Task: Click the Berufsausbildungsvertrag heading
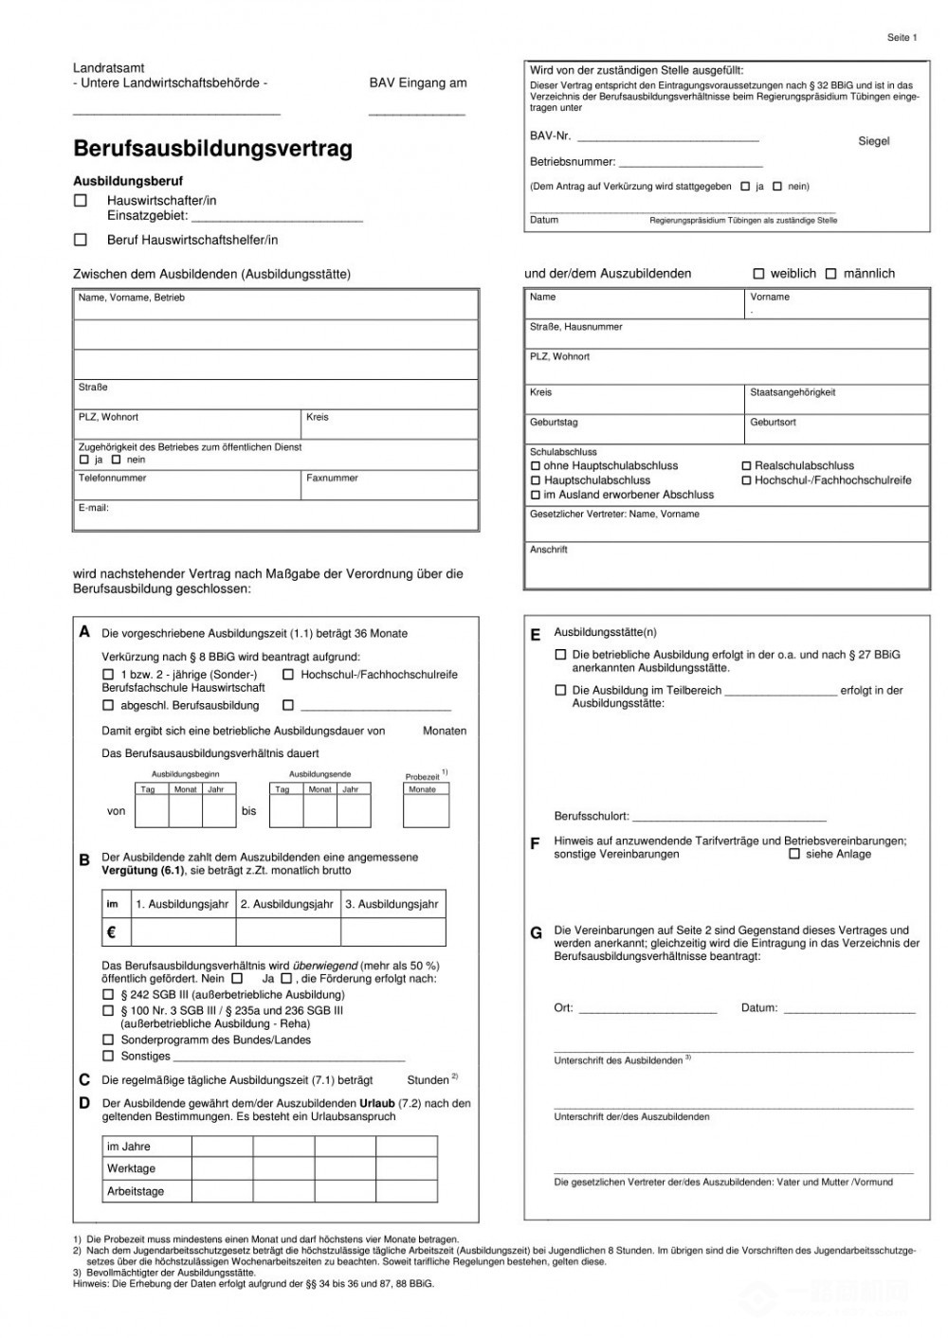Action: click(x=212, y=149)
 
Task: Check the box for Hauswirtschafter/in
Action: click(x=81, y=201)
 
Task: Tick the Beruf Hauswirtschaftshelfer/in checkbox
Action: click(x=81, y=240)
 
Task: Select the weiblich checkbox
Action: click(x=758, y=274)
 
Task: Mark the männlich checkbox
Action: click(x=830, y=274)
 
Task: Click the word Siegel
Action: click(x=873, y=141)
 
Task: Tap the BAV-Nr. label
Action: click(x=550, y=136)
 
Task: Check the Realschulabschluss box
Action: click(x=746, y=466)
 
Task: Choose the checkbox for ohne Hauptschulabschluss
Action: click(x=536, y=466)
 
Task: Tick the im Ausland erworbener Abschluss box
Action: click(x=536, y=495)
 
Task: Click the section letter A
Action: click(x=84, y=632)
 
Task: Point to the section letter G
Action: click(x=536, y=933)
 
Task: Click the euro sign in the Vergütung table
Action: click(x=111, y=932)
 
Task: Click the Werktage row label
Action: click(x=131, y=1168)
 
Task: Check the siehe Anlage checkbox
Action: click(x=794, y=854)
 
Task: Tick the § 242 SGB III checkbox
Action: click(x=108, y=995)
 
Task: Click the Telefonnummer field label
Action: click(x=112, y=479)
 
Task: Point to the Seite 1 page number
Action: click(x=902, y=38)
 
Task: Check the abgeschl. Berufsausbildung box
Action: click(x=108, y=706)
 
